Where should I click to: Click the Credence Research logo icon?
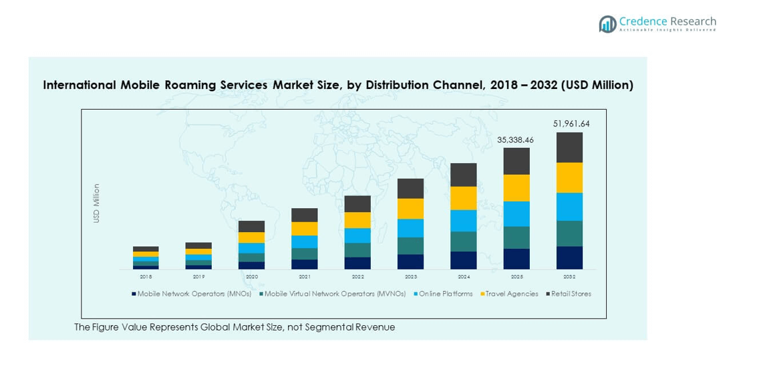coord(607,24)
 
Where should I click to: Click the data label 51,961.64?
coord(571,124)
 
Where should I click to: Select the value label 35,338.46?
coord(515,140)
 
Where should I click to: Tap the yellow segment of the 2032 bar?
coord(569,178)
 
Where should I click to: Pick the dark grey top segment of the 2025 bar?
coord(516,161)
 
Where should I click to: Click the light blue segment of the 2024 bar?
coord(464,221)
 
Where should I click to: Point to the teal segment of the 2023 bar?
coord(411,246)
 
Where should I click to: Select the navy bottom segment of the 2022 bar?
coord(357,263)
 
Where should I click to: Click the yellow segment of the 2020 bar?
coord(252,238)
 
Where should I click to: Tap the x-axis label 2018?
coord(146,276)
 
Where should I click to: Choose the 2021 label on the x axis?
coord(305,276)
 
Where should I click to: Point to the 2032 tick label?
coord(569,276)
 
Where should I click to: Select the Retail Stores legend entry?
coord(571,294)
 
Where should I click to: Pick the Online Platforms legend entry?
coord(446,294)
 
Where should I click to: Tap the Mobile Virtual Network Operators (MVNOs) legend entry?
coord(335,294)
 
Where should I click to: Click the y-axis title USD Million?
coord(96,203)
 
